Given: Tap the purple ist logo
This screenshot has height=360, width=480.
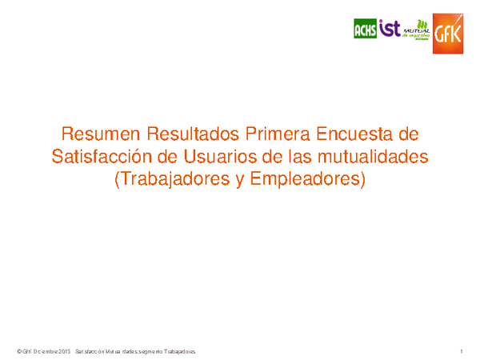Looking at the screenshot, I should (389, 29).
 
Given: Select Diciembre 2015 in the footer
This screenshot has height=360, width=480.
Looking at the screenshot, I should (53, 352).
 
